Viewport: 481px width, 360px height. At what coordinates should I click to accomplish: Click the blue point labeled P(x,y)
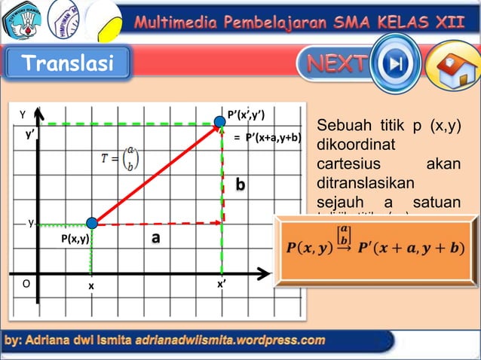92,223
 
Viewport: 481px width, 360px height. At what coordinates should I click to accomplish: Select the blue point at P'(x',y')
222,124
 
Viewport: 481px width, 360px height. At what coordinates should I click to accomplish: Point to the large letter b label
240,185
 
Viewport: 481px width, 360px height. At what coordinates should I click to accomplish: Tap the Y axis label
23,115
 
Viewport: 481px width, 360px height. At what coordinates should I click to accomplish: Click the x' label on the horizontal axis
222,285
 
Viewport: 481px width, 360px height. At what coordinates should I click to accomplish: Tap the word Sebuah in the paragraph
342,125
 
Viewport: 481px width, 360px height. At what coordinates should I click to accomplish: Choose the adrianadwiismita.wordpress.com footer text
231,341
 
